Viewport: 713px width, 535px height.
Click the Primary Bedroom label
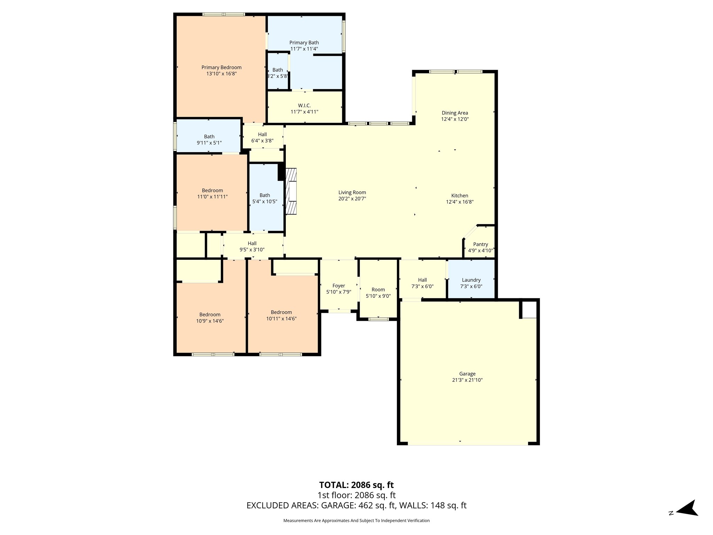tap(221, 68)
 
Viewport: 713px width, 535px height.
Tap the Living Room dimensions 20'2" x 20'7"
tap(352, 199)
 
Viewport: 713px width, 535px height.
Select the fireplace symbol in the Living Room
tap(291, 191)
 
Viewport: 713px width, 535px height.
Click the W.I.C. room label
tap(305, 106)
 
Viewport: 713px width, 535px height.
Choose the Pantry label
tap(480, 245)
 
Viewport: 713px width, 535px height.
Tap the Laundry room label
tap(471, 280)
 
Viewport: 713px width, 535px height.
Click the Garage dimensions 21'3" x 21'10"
tap(467, 380)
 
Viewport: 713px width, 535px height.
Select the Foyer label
tap(339, 286)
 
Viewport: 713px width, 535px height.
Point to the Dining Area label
tap(455, 113)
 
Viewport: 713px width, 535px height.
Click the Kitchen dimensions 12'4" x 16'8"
tap(460, 202)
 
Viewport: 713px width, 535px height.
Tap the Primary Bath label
tap(304, 43)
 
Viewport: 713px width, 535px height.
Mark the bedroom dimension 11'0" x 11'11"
tap(212, 197)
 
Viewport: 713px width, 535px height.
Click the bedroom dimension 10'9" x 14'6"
tap(210, 321)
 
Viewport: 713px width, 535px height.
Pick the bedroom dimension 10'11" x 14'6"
tap(281, 319)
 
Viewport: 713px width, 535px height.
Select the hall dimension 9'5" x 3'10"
tap(252, 250)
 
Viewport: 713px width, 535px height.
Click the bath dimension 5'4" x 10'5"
tap(265, 202)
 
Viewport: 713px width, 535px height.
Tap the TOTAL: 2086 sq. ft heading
tap(356, 485)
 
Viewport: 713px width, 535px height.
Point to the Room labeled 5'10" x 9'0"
tap(378, 290)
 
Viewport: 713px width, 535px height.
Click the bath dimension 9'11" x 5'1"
tap(209, 143)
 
